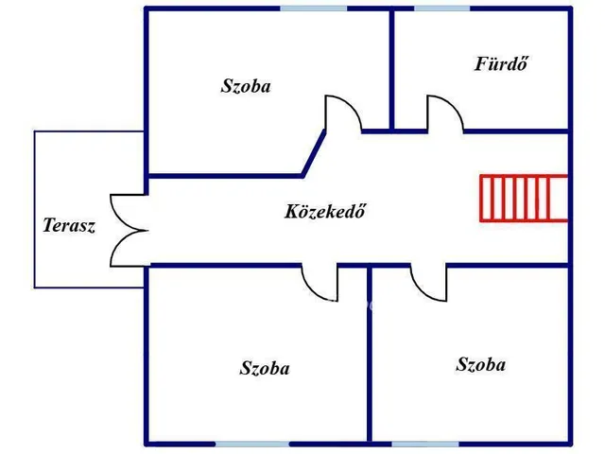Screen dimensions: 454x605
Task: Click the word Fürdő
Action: click(500, 64)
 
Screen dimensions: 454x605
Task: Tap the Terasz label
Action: click(69, 226)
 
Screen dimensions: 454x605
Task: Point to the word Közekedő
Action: click(324, 211)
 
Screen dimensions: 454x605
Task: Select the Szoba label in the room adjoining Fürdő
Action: click(246, 86)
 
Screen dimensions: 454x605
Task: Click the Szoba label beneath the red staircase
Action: click(480, 364)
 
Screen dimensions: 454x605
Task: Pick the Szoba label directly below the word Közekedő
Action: click(265, 368)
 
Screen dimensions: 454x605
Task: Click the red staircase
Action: click(523, 197)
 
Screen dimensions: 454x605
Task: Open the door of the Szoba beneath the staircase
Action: click(428, 282)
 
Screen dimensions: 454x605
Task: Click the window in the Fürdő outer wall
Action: click(441, 9)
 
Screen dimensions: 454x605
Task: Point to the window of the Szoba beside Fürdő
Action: click(312, 9)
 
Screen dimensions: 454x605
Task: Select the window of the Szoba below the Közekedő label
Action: click(250, 443)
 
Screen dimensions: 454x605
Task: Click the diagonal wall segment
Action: click(313, 152)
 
